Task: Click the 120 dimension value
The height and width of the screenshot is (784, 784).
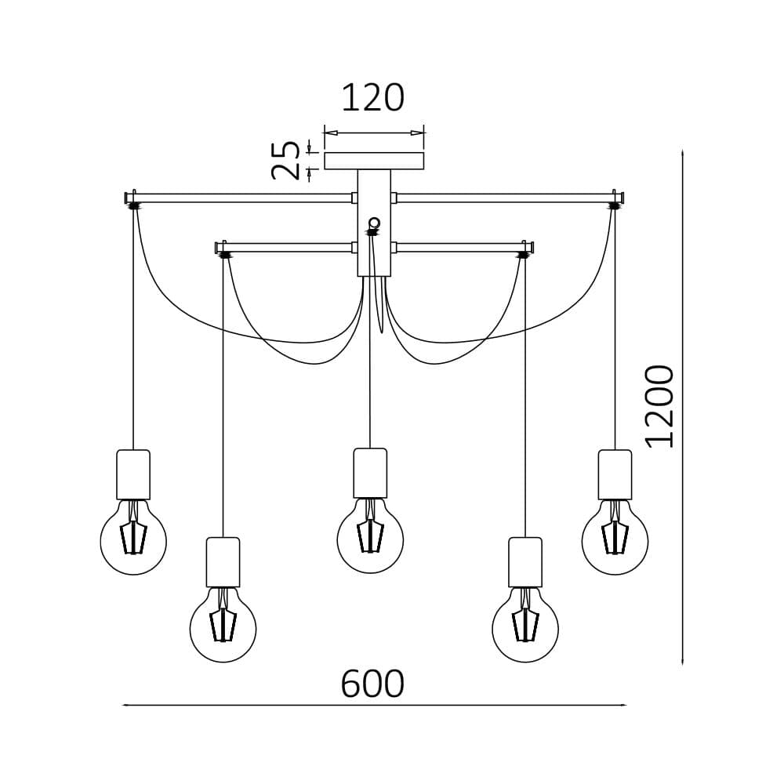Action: point(372,99)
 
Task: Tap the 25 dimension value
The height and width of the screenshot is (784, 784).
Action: point(287,160)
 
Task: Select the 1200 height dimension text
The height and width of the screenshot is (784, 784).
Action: point(660,406)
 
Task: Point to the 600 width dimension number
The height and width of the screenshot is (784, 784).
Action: point(372,684)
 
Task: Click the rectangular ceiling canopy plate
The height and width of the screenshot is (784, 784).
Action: point(374,161)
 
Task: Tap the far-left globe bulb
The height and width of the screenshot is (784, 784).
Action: point(133,540)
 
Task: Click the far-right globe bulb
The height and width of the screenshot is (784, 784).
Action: point(615,540)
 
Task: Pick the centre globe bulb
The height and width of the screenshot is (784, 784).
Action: point(370,539)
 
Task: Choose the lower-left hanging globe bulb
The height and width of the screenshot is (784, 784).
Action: point(223,628)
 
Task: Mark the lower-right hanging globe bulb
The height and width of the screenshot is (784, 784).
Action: point(525,628)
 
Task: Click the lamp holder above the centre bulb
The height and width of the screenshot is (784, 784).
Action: point(370,473)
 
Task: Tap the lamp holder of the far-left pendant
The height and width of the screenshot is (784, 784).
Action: point(133,474)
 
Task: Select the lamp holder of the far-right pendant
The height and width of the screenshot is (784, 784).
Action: point(615,474)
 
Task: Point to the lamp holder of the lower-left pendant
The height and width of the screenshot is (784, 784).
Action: point(223,562)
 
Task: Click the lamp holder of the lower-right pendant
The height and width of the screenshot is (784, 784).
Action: point(525,562)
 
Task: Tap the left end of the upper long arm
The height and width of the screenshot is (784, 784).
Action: point(128,198)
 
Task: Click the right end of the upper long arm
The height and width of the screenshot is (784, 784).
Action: point(620,198)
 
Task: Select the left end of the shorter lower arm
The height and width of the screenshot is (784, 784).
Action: point(219,248)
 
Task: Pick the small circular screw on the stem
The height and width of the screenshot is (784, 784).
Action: point(374,223)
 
